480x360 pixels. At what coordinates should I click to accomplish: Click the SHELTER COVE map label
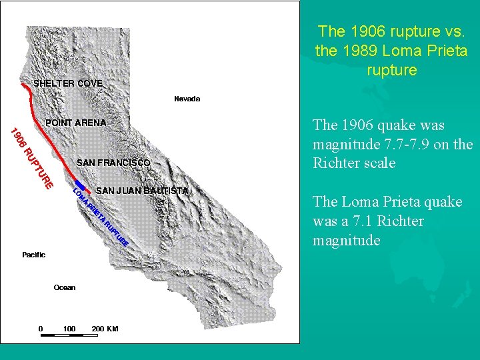68,83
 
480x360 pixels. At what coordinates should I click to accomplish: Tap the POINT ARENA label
75,123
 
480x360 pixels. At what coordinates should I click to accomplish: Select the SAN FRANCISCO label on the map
113,163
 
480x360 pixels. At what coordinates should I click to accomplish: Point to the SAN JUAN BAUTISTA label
142,191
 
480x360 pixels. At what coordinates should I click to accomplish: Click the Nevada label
187,99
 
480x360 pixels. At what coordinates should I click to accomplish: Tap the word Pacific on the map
33,255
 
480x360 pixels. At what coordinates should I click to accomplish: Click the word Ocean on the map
65,287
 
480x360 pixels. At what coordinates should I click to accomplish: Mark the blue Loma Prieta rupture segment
80,185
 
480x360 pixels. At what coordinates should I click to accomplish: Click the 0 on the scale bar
41,329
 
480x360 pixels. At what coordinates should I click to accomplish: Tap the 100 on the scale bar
69,329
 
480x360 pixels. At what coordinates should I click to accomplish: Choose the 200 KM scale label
105,329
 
